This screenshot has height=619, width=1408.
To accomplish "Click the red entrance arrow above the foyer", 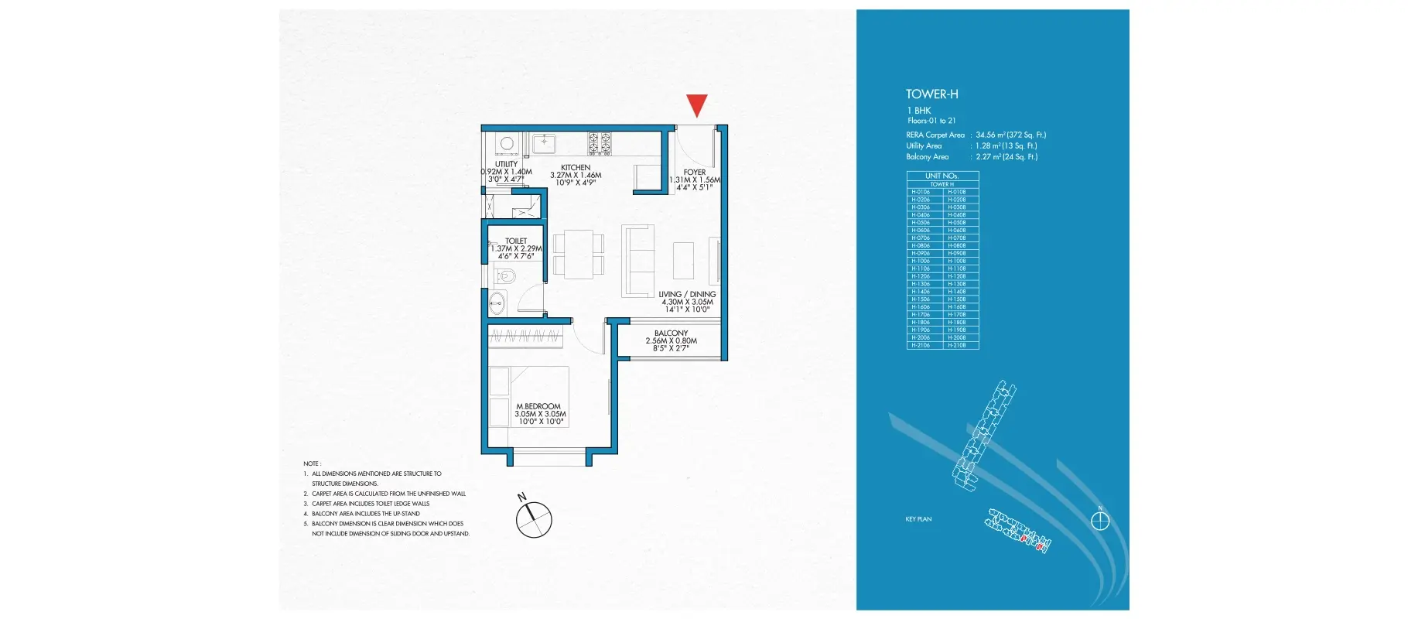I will click(x=697, y=104).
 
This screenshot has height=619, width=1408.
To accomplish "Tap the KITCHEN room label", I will click(x=576, y=168).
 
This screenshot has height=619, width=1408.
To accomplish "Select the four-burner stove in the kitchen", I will click(x=600, y=143).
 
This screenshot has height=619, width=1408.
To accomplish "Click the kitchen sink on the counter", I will click(x=544, y=143).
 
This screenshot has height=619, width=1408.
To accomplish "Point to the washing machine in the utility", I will click(x=507, y=143).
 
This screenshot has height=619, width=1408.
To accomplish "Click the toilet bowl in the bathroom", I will click(x=506, y=275).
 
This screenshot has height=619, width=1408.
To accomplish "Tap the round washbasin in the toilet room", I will click(x=497, y=304).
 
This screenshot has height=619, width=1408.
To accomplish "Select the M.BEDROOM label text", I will click(x=538, y=406).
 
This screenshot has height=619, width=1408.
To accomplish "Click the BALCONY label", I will click(x=671, y=333).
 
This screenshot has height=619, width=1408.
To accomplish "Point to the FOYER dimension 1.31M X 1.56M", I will click(x=695, y=180).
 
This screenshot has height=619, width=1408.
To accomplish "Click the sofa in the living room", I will click(x=638, y=261).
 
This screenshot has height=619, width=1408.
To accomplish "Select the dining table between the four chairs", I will click(x=579, y=254).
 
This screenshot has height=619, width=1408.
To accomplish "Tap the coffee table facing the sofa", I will click(x=683, y=261).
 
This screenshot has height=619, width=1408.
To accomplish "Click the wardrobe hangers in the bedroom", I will click(x=525, y=337).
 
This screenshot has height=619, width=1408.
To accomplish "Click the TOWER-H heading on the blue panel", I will click(x=931, y=94).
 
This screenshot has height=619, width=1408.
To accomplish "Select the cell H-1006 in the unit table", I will click(x=921, y=261).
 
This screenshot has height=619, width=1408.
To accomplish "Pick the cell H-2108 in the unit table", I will click(x=957, y=345).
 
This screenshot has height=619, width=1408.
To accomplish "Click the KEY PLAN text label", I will click(x=918, y=519).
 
